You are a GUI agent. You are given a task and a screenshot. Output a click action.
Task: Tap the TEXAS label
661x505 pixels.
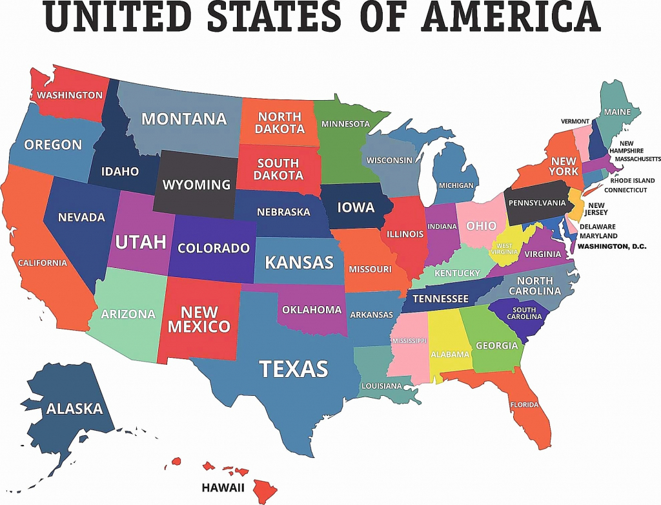click(x=294, y=369)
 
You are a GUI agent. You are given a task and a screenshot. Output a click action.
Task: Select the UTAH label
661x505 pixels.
click(x=141, y=242)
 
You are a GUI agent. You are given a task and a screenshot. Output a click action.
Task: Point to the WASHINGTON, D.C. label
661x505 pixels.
click(x=612, y=246)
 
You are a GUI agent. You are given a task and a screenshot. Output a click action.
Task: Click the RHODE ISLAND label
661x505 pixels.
click(x=629, y=181)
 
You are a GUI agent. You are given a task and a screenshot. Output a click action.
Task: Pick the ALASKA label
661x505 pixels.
click(x=74, y=408)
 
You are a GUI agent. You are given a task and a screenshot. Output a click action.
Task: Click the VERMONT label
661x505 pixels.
click(x=575, y=121)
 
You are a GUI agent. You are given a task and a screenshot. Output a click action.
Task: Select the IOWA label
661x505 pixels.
click(x=356, y=207)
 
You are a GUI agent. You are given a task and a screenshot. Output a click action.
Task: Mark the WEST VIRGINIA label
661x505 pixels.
click(x=504, y=249)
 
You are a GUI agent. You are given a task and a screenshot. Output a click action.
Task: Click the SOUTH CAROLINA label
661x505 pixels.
click(x=525, y=313)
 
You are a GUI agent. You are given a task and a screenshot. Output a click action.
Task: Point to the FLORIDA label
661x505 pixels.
click(x=524, y=405)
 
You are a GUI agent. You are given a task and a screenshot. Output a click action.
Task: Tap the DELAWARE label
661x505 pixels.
click(x=597, y=227)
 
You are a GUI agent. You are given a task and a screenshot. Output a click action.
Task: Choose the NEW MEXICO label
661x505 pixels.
click(x=199, y=319)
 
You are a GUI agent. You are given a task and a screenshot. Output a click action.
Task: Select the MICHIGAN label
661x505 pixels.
click(x=456, y=185)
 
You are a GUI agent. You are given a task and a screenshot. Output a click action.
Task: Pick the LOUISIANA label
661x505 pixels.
click(x=381, y=386)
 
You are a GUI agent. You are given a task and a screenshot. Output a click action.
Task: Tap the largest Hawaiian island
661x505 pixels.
click(x=265, y=490)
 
